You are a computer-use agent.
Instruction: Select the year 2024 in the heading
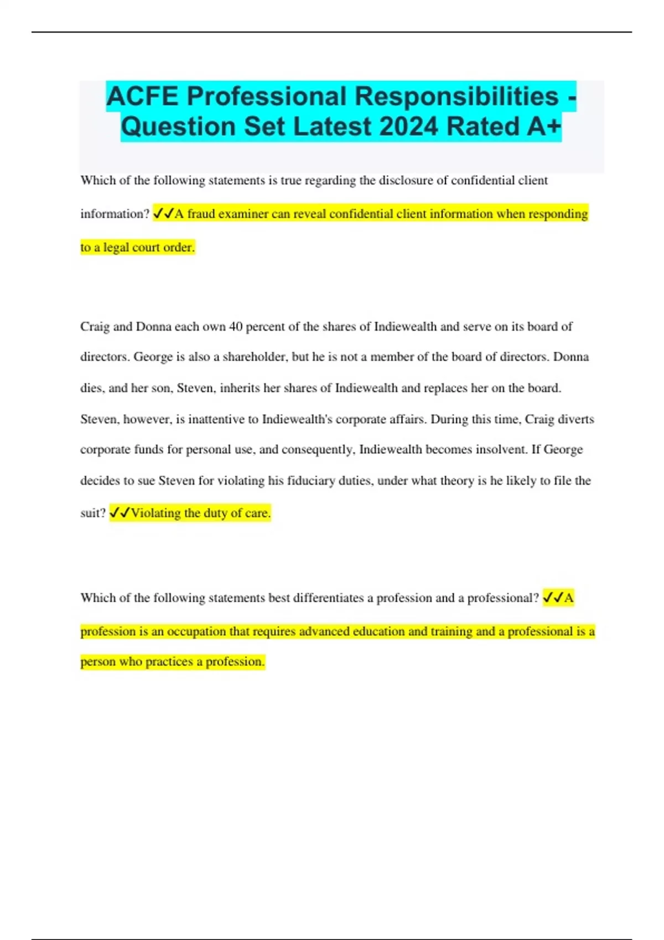click(408, 126)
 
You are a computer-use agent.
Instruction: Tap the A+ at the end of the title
click(544, 126)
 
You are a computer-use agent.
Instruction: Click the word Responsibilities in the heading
click(456, 96)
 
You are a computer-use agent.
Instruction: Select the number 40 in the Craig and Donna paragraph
click(236, 326)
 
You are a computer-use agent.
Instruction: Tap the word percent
click(265, 326)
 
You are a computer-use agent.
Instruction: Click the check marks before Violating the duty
click(120, 513)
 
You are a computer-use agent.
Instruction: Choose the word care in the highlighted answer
click(257, 513)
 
